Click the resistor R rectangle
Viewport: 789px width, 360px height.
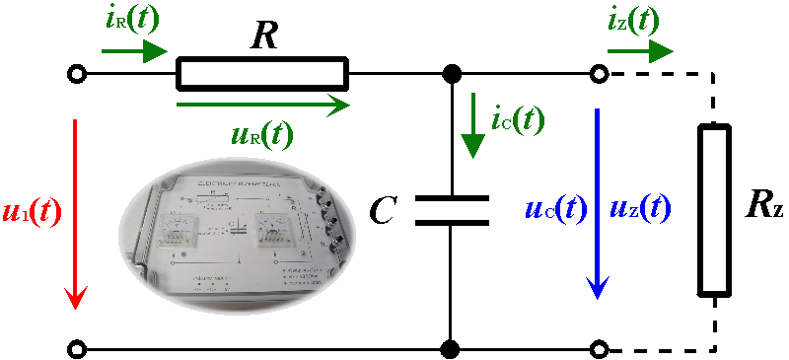(261, 74)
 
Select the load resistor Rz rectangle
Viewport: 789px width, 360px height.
(715, 209)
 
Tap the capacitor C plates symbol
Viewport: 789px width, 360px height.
(451, 209)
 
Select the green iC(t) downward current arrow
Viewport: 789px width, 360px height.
(473, 124)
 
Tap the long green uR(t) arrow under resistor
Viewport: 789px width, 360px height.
(261, 101)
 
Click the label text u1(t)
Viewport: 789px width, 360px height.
(33, 211)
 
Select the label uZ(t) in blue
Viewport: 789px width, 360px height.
(641, 208)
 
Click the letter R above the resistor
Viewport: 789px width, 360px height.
(263, 36)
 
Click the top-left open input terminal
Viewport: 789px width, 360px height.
(76, 74)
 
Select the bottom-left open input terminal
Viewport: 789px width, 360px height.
(76, 348)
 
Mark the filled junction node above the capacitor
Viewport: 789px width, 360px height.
(451, 74)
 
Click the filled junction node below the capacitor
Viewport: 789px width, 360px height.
(451, 348)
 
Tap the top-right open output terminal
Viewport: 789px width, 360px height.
(598, 74)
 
